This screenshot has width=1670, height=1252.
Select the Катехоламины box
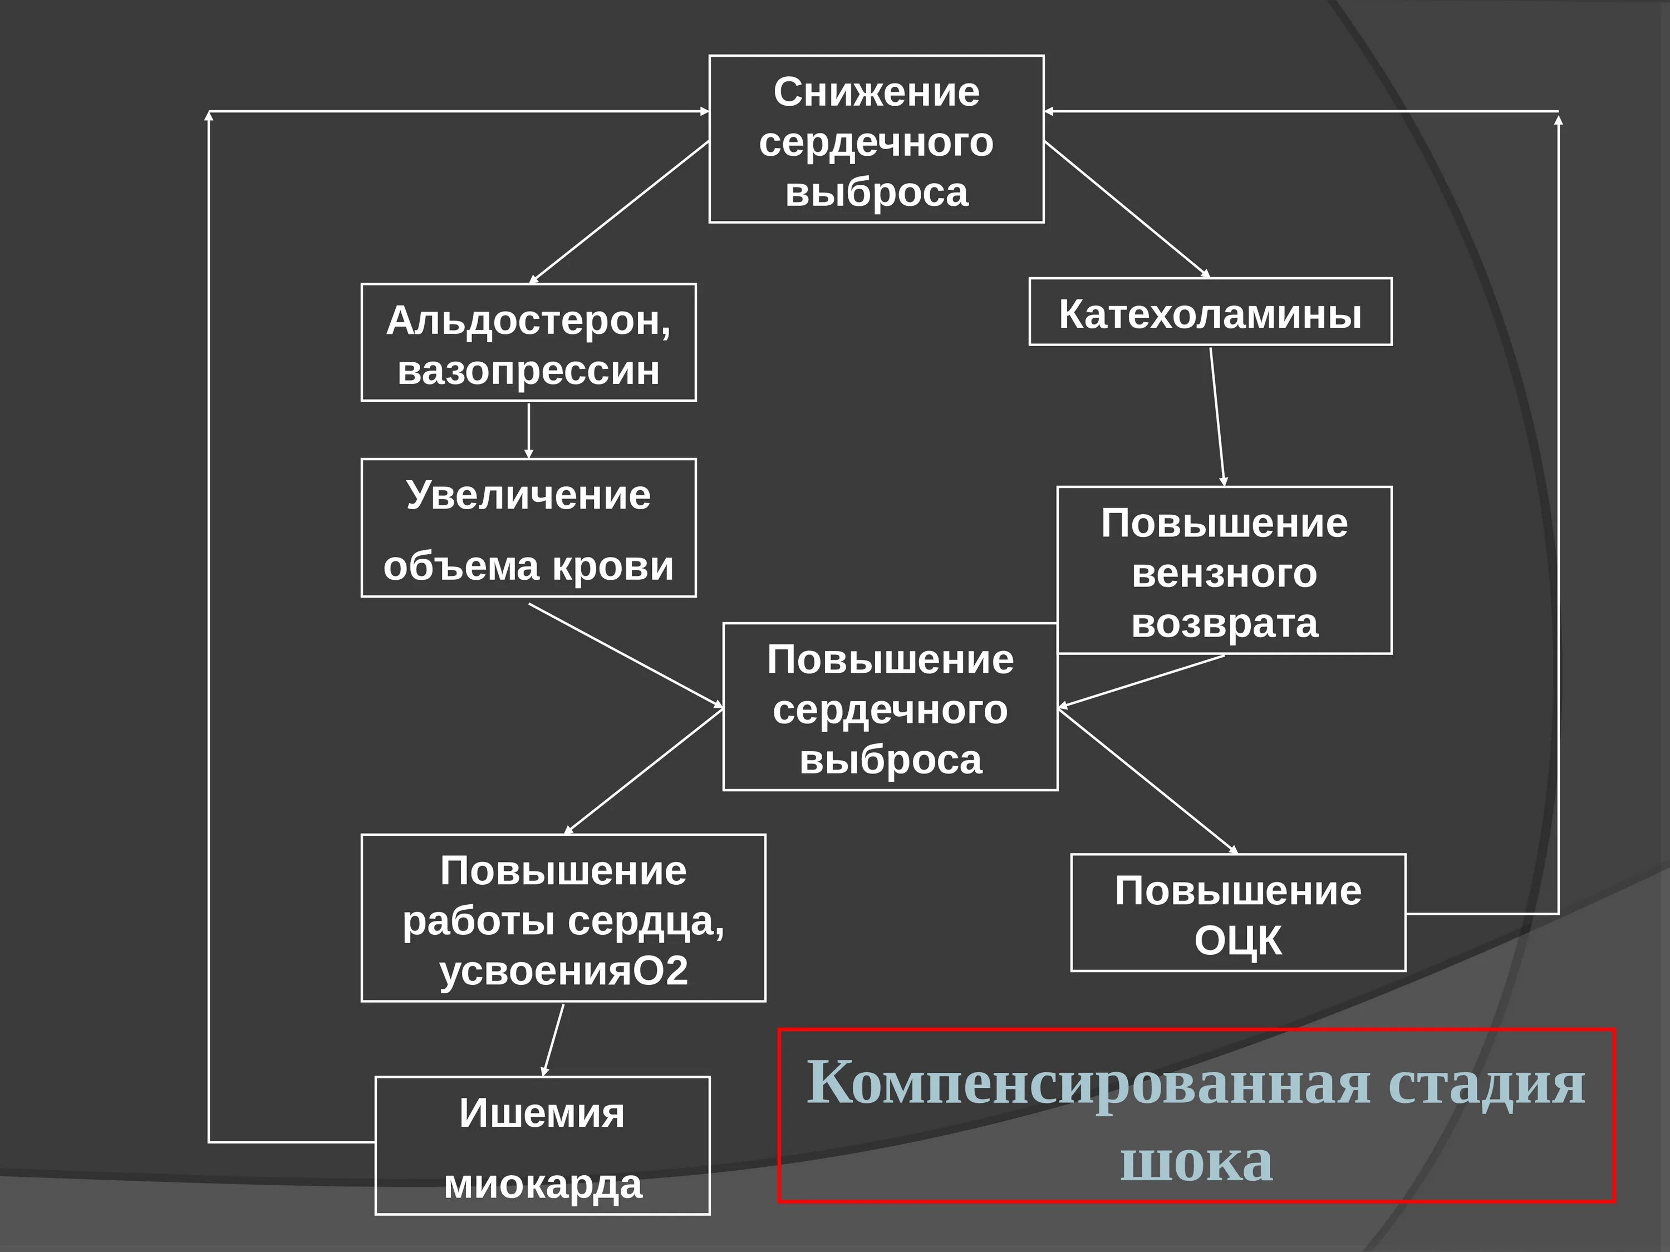pos(1210,312)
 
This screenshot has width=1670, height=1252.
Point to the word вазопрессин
pos(528,371)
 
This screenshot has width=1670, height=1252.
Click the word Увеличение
pos(528,496)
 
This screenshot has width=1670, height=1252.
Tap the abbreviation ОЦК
pos(1237,941)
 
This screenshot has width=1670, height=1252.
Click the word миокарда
pos(542,1184)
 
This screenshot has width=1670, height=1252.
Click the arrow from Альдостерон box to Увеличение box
pos(528,430)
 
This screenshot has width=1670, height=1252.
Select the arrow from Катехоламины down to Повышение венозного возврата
pos(1217,417)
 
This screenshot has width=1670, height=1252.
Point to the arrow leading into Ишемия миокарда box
pos(553,1040)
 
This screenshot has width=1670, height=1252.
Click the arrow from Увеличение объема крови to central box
pos(625,655)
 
